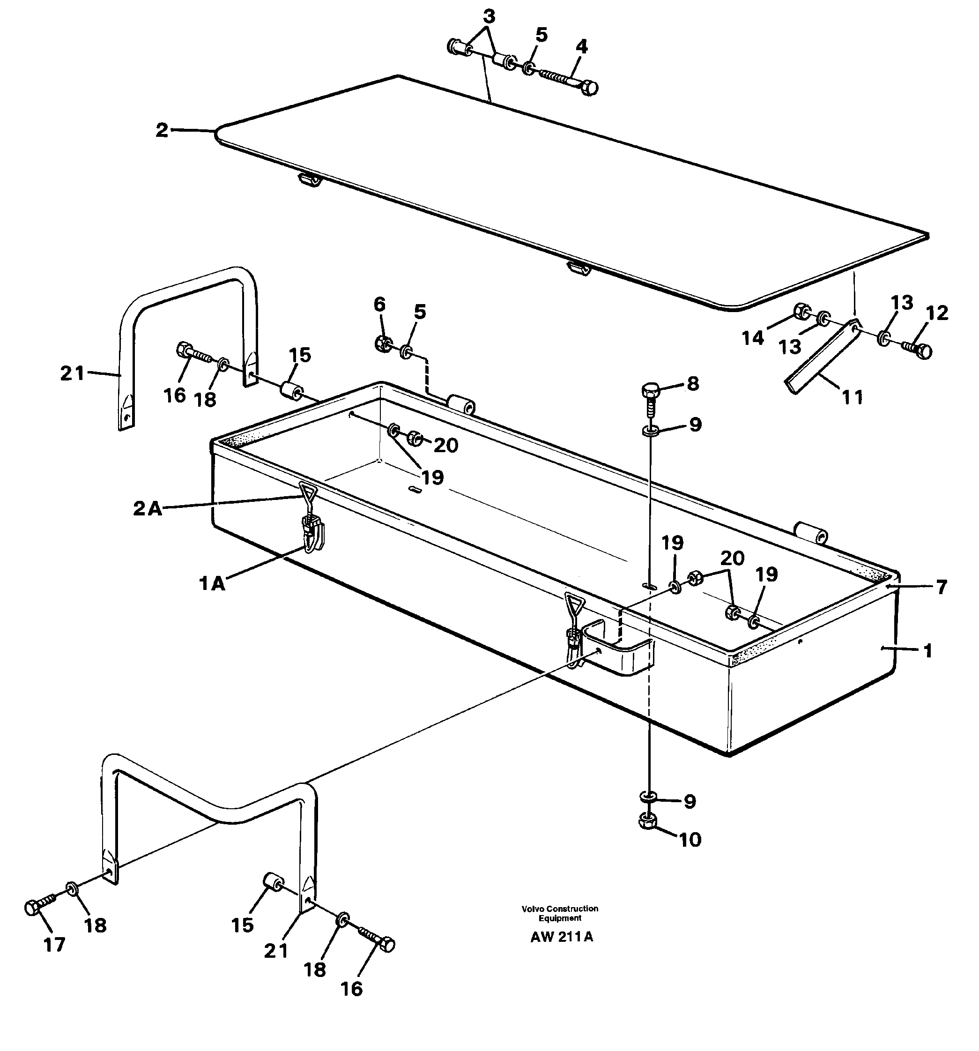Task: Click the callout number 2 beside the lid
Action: tap(161, 130)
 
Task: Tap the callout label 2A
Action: tap(147, 508)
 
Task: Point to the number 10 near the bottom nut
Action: tap(690, 840)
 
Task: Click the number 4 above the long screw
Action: tap(581, 47)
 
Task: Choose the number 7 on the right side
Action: tap(942, 588)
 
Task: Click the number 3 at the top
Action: tap(489, 17)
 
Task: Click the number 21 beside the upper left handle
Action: tap(73, 374)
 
